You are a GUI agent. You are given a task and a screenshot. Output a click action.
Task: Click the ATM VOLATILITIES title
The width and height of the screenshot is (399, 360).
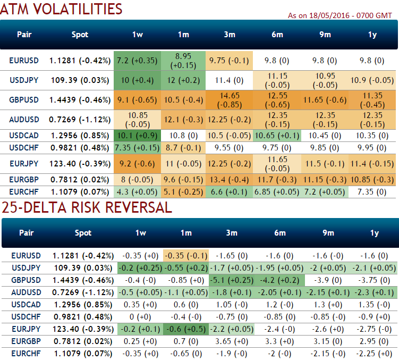[x=63, y=9]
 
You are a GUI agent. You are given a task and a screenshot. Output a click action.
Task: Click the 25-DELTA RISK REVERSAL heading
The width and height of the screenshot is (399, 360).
[x=87, y=207]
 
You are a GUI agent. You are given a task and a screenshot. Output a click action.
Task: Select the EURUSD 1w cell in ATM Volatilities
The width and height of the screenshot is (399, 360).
[x=137, y=60]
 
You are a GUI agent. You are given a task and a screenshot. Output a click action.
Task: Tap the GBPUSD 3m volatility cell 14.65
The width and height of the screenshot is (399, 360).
[x=230, y=99]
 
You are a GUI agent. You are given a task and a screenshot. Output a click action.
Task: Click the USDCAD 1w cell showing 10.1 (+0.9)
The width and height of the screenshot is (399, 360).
[x=137, y=135]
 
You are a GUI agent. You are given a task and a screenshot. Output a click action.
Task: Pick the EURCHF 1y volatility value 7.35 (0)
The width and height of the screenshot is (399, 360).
[x=372, y=191]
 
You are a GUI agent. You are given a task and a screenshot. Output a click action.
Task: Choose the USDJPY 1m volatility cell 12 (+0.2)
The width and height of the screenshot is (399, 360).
[x=183, y=80]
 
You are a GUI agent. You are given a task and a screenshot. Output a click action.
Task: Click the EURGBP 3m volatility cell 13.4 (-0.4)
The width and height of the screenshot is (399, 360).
[x=230, y=179]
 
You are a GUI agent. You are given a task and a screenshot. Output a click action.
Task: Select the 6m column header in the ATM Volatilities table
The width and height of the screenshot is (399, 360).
[x=277, y=35]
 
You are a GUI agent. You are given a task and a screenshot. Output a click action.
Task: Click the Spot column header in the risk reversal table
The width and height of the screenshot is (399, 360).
[x=83, y=232]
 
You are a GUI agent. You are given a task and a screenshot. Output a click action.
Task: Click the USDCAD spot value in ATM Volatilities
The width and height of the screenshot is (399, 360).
[x=81, y=135]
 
